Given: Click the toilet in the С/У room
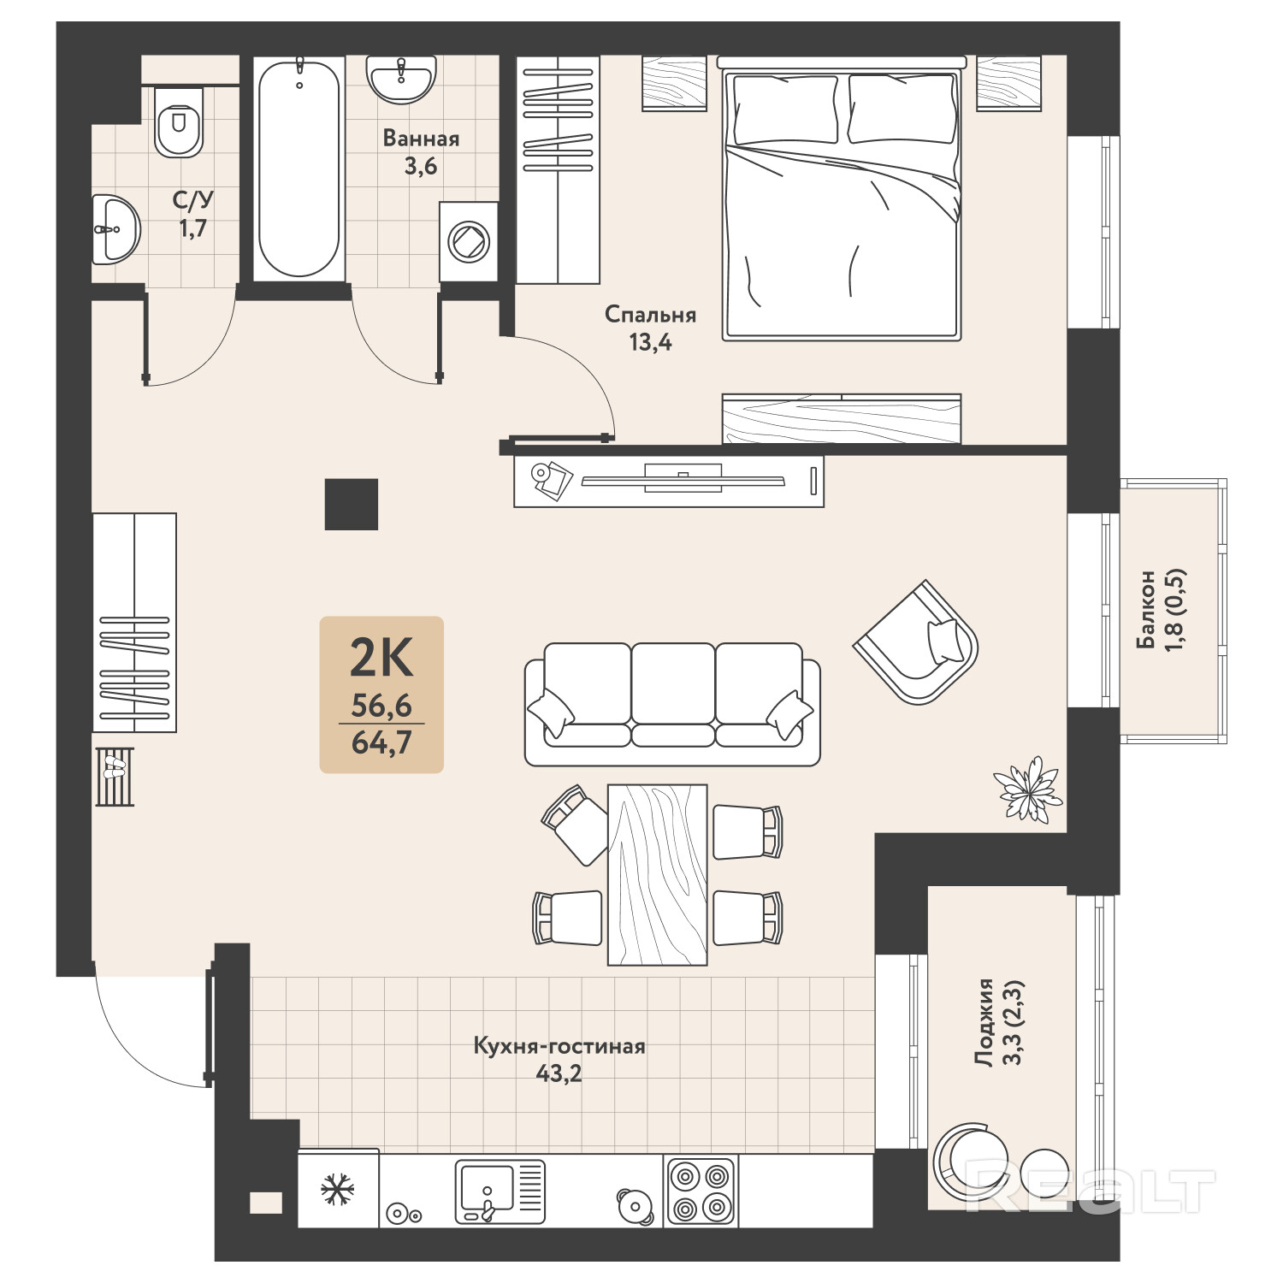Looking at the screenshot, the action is [180, 121].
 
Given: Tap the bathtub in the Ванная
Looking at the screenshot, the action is [299, 167].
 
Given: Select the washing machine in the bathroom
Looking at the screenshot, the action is [469, 242].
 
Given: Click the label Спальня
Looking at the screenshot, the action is [650, 315].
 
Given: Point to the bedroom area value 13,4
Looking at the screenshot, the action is [651, 343].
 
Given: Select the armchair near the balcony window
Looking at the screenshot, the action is [916, 641].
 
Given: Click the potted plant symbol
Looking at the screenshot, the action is [1027, 789].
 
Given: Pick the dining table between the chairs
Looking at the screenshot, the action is [658, 874].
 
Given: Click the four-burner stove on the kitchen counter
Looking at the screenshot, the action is [701, 1191].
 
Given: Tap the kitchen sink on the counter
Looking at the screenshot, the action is [500, 1191].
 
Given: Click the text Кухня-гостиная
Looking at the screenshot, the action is [559, 1046].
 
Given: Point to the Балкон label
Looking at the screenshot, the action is [1146, 609].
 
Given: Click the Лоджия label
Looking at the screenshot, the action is [985, 1022].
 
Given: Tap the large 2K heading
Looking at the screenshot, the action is [381, 658].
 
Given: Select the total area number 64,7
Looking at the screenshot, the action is [381, 742].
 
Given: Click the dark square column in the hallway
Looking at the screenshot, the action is [352, 504].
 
